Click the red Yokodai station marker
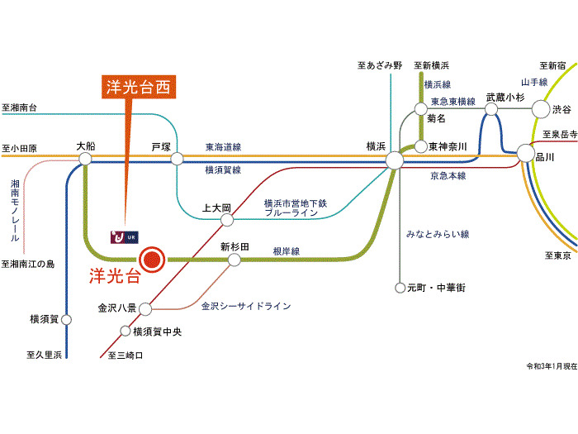(152, 260)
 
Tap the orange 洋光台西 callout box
(139, 87)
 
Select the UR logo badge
(125, 237)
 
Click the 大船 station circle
(85, 159)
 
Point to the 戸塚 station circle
(177, 159)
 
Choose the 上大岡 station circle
(227, 221)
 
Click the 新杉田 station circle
(234, 260)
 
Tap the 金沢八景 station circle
(144, 309)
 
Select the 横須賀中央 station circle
(126, 331)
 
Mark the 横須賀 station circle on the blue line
(66, 320)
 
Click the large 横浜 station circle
(395, 160)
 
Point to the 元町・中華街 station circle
(400, 288)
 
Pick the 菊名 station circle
(420, 109)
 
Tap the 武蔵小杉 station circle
(491, 109)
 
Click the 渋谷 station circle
(540, 109)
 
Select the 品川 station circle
(525, 153)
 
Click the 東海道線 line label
(223, 147)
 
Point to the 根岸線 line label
(286, 251)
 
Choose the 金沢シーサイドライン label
(246, 306)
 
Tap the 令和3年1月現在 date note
(552, 366)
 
